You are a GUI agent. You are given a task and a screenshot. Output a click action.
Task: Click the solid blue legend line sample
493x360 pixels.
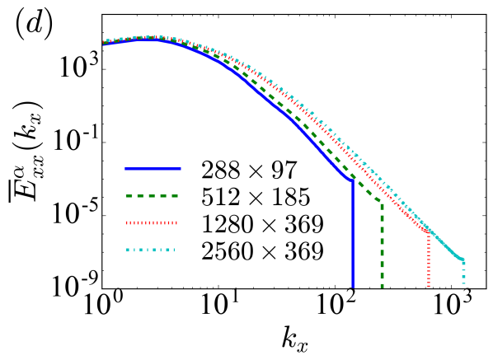(153, 168)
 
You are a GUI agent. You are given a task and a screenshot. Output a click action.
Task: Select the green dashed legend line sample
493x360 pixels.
(152, 195)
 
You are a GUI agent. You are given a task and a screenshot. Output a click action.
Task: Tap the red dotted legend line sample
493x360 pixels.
(151, 222)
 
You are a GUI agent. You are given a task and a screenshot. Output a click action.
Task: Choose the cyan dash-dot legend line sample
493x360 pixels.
(150, 250)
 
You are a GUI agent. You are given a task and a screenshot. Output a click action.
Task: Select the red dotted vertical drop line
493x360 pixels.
(429, 260)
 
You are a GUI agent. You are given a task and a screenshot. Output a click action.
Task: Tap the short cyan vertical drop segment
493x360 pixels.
(463, 273)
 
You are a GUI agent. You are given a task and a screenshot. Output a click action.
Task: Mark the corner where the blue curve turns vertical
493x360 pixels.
(353, 181)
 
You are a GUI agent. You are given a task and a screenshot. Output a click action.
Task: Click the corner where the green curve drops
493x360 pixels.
(382, 201)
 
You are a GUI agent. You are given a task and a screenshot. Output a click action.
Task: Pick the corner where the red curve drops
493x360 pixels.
(429, 233)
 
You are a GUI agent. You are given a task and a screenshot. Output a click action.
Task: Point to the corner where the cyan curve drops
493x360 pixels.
(463, 261)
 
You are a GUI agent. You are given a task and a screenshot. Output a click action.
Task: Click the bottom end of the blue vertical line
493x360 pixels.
(353, 287)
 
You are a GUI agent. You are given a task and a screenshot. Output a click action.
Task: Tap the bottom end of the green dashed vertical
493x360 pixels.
(382, 287)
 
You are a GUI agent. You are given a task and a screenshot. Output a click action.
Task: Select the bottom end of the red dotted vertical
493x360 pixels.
(429, 287)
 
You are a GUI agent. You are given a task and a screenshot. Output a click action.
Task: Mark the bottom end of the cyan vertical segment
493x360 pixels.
(463, 283)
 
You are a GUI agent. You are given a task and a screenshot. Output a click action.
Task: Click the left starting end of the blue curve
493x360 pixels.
(104, 44)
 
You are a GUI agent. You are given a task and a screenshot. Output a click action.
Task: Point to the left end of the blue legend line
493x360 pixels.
(126, 168)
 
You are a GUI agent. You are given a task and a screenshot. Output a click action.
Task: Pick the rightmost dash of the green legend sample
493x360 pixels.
(174, 195)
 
